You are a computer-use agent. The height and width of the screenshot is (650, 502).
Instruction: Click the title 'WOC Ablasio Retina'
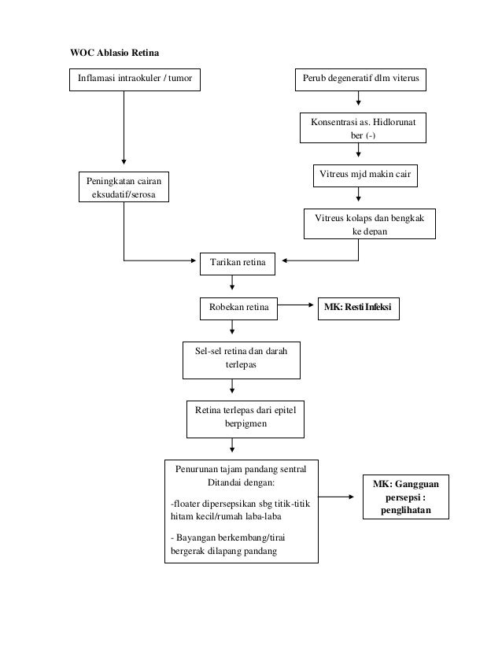coord(115,54)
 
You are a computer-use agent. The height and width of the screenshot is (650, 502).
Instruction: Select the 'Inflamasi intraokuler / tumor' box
coord(135,79)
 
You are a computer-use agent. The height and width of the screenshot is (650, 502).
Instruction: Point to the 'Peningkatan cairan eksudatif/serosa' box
coord(124,187)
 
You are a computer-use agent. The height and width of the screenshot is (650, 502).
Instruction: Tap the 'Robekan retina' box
coord(238,309)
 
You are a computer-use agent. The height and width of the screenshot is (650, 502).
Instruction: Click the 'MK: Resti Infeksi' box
coord(357,309)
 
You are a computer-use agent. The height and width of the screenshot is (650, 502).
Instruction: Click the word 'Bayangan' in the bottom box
coord(195,537)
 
